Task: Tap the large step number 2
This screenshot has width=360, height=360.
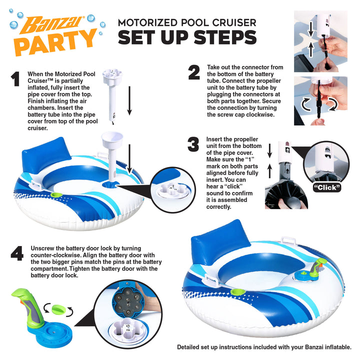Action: pyautogui.click(x=194, y=73)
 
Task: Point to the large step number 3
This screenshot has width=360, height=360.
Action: pyautogui.click(x=193, y=145)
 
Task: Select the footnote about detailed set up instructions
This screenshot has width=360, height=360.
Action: pyautogui.click(x=264, y=347)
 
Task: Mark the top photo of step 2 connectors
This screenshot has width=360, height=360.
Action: pyautogui.click(x=327, y=40)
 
